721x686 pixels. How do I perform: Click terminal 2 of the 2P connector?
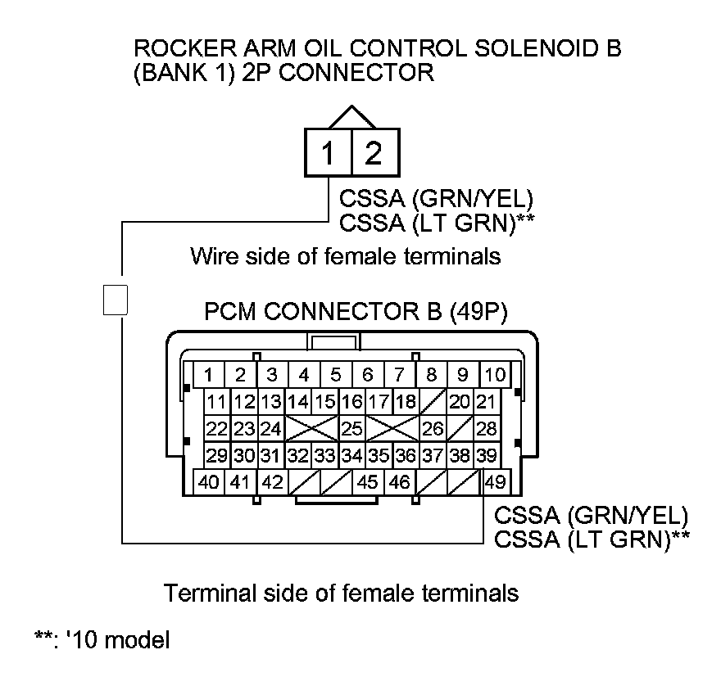pyautogui.click(x=374, y=154)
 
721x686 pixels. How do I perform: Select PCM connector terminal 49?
pyautogui.click(x=496, y=482)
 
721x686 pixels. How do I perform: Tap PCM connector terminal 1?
pyautogui.click(x=210, y=376)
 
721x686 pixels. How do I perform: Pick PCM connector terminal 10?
pyautogui.click(x=494, y=376)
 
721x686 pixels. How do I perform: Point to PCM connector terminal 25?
pyautogui.click(x=351, y=428)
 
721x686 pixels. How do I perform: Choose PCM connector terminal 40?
pyautogui.click(x=210, y=482)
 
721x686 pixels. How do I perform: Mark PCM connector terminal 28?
pyautogui.click(x=486, y=428)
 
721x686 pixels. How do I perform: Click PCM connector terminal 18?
pyautogui.click(x=405, y=402)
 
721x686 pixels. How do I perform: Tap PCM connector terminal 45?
pyautogui.click(x=368, y=482)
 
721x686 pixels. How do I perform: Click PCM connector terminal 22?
pyautogui.click(x=216, y=428)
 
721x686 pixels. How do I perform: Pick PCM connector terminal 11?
pyautogui.click(x=216, y=402)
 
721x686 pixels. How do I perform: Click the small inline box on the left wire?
pyautogui.click(x=116, y=299)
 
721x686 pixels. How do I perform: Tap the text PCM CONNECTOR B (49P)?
pyautogui.click(x=356, y=314)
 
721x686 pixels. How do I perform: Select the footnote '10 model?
pyautogui.click(x=102, y=639)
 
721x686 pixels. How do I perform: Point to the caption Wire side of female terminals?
pyautogui.click(x=345, y=256)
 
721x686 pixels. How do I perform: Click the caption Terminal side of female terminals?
pyautogui.click(x=342, y=592)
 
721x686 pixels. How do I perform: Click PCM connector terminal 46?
pyautogui.click(x=399, y=482)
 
